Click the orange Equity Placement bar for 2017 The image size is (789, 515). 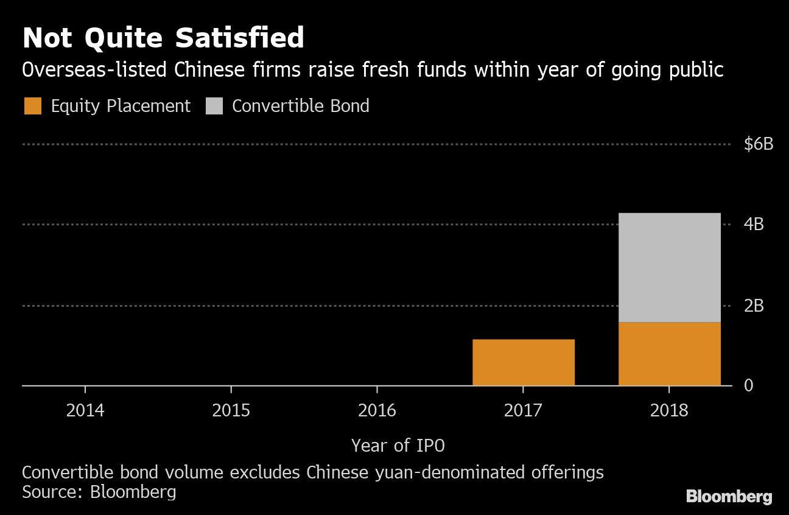pos(524,362)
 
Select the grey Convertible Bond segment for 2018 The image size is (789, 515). pos(669,267)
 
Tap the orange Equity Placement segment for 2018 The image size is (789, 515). pos(669,354)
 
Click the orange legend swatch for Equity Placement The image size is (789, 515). pos(33,106)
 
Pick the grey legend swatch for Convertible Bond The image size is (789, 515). pos(214,106)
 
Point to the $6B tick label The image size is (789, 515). pos(759,144)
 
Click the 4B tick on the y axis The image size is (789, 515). pos(754,225)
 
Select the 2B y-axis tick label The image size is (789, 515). pos(754,306)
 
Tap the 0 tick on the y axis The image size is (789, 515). pos(749,386)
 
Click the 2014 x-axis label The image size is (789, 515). pos(85,410)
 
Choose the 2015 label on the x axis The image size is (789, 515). pos(231,410)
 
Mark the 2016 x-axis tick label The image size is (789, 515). pos(377,410)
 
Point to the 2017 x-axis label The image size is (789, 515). pos(523,410)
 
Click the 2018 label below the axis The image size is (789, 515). pos(669,410)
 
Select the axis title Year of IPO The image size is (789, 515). pos(398,446)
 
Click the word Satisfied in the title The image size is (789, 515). pos(240,38)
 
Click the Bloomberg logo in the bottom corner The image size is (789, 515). pos(729,496)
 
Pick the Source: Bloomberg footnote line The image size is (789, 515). pos(99,492)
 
